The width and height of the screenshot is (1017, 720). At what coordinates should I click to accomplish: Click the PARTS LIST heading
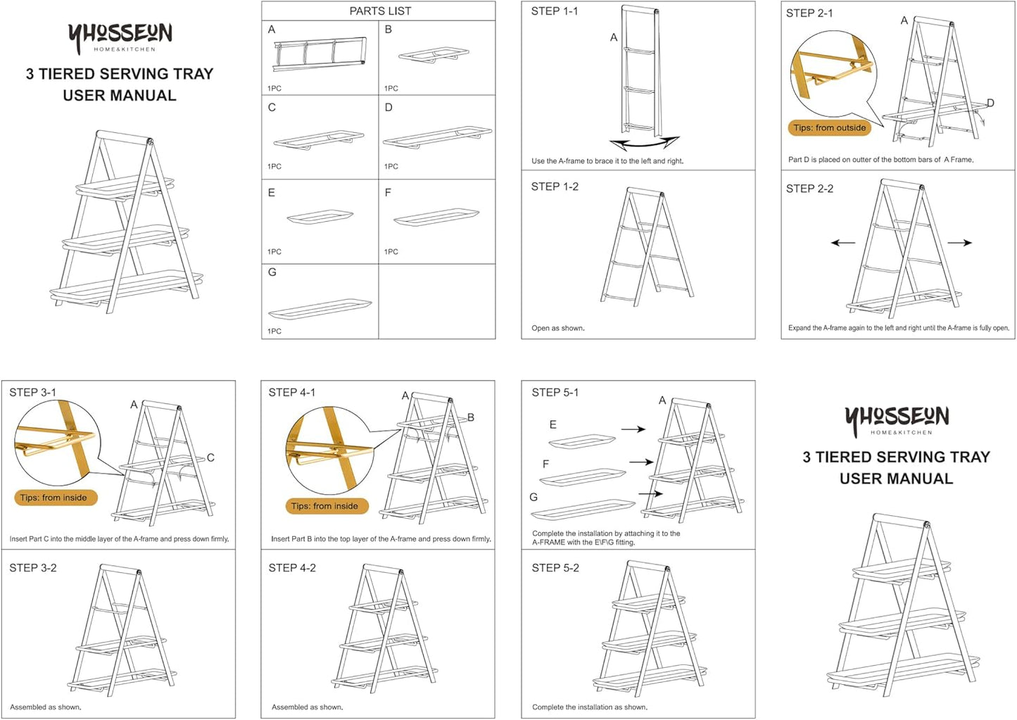pos(380,11)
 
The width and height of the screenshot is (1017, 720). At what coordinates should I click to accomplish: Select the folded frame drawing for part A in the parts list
pos(320,54)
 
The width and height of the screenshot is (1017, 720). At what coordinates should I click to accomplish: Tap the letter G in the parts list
pos(272,272)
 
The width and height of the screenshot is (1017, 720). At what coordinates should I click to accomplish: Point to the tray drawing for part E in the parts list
pos(320,217)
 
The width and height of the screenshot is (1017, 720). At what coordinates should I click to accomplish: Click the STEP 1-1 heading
pos(555,11)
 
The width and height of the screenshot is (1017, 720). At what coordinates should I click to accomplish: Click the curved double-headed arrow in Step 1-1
pos(645,144)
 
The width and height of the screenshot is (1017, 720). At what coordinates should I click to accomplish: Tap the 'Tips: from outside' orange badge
pos(830,128)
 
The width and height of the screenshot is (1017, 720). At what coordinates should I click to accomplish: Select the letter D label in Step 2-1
pos(990,103)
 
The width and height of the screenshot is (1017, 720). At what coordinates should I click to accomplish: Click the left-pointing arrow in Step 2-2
pos(843,244)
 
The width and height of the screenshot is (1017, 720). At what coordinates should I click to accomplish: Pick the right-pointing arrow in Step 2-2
pos(959,243)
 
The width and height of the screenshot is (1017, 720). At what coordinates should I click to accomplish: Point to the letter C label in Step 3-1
pos(210,457)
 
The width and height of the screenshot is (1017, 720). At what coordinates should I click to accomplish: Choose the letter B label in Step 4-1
pos(470,417)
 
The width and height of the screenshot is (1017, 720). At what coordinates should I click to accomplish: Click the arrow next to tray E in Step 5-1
pos(633,429)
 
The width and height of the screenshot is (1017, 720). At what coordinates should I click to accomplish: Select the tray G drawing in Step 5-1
pos(583,510)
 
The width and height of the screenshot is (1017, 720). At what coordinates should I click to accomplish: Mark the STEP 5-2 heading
pos(555,568)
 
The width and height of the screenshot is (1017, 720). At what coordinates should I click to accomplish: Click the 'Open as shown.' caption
pos(558,328)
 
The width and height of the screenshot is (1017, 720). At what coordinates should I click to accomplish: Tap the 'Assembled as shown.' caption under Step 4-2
pos(308,707)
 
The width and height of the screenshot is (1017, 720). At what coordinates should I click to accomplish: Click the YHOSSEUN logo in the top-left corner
pos(120,38)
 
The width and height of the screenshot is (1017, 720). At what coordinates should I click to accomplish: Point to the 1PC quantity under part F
pos(391,251)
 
